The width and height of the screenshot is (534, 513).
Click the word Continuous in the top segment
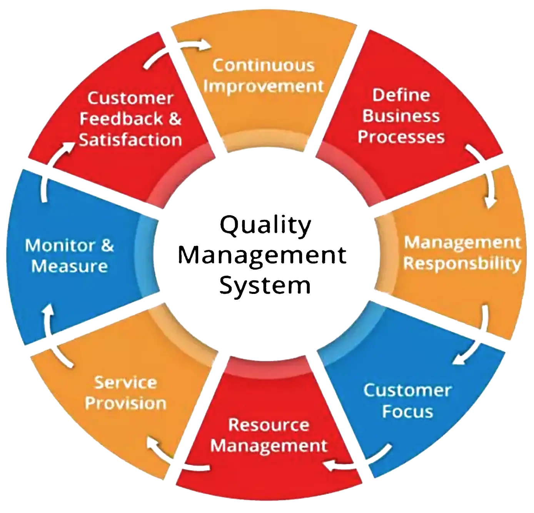264,65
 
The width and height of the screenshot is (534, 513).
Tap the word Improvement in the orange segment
264,86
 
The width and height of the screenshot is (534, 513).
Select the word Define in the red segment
401,95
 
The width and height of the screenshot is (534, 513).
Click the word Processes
401,137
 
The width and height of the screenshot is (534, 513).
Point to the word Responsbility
462,264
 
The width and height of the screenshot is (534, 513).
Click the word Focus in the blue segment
407,411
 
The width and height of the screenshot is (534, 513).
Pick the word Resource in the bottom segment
269,425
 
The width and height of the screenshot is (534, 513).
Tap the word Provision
125,403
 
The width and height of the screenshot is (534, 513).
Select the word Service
125,382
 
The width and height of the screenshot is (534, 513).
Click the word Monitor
60,245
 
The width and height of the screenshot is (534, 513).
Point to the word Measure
69,266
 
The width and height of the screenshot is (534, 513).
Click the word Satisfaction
130,139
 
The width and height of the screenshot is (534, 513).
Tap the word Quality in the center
265,226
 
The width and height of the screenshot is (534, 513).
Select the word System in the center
265,286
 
